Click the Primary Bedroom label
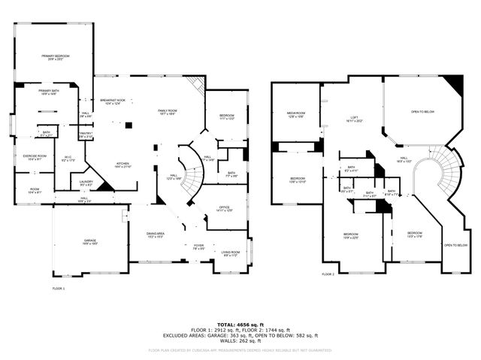(x=56, y=57)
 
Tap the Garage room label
(x=89, y=241)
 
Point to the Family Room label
(x=167, y=112)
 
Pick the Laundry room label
(x=86, y=183)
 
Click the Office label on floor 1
(x=224, y=208)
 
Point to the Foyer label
(x=198, y=246)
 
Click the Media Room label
(x=295, y=115)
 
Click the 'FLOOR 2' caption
(x=328, y=274)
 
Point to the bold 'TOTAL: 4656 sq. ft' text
(x=240, y=324)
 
